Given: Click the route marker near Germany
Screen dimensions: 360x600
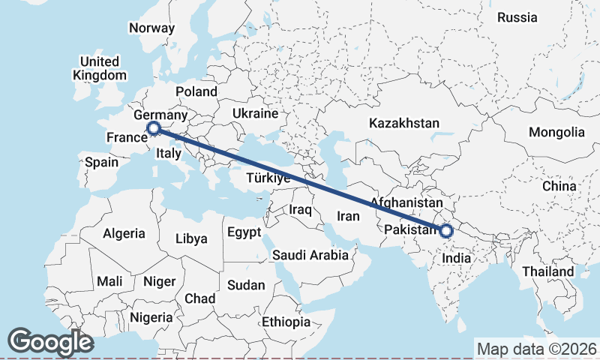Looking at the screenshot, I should (x=154, y=129).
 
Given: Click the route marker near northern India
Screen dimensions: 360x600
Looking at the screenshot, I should (x=446, y=231).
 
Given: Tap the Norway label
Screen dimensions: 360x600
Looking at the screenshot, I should (x=151, y=28).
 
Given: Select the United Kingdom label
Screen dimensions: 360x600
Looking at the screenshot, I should (x=100, y=68).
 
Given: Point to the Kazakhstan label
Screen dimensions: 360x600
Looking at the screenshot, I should (x=403, y=122).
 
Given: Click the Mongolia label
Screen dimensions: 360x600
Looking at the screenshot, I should (x=556, y=133).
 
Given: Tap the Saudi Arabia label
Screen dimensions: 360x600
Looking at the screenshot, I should (x=310, y=255).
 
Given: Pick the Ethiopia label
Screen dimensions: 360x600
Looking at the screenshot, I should (x=286, y=322).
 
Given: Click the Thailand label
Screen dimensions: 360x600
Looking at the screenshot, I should (x=549, y=271).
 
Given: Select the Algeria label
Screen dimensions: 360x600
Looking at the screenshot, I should (x=124, y=233).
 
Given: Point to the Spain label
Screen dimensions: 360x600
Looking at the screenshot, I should (x=101, y=162).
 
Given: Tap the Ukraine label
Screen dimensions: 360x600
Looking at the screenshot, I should (x=255, y=114).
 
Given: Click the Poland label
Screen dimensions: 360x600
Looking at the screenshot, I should (x=196, y=92).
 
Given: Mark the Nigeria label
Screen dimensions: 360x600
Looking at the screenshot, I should (x=151, y=317).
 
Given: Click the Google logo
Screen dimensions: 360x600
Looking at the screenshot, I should (x=50, y=342).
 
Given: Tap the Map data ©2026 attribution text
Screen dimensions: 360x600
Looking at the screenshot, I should (x=536, y=349).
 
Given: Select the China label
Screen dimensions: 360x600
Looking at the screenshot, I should (x=559, y=186).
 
